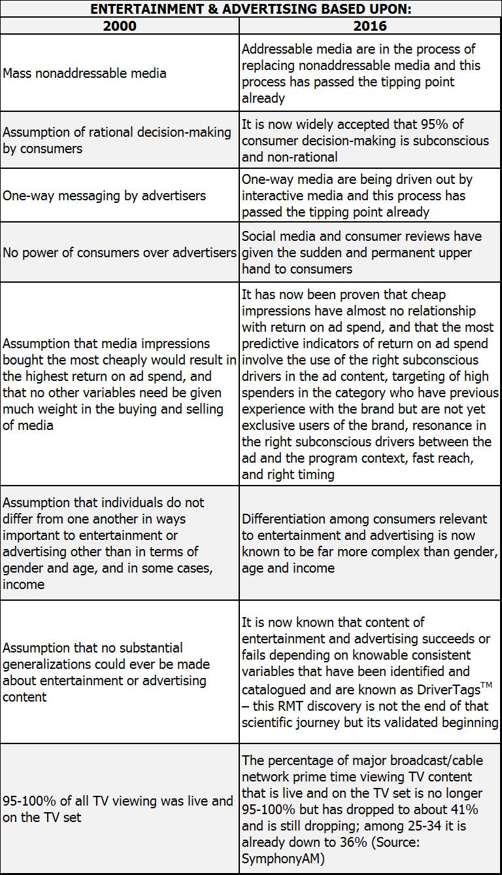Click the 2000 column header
[x=120, y=26]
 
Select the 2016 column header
[x=370, y=26]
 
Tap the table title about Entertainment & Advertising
[x=251, y=9]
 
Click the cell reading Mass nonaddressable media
[x=84, y=73]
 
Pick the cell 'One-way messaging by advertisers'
[x=104, y=195]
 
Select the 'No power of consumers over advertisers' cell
[x=120, y=253]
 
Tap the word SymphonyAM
[x=282, y=858]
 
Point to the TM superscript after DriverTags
[x=486, y=685]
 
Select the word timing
[x=316, y=474]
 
